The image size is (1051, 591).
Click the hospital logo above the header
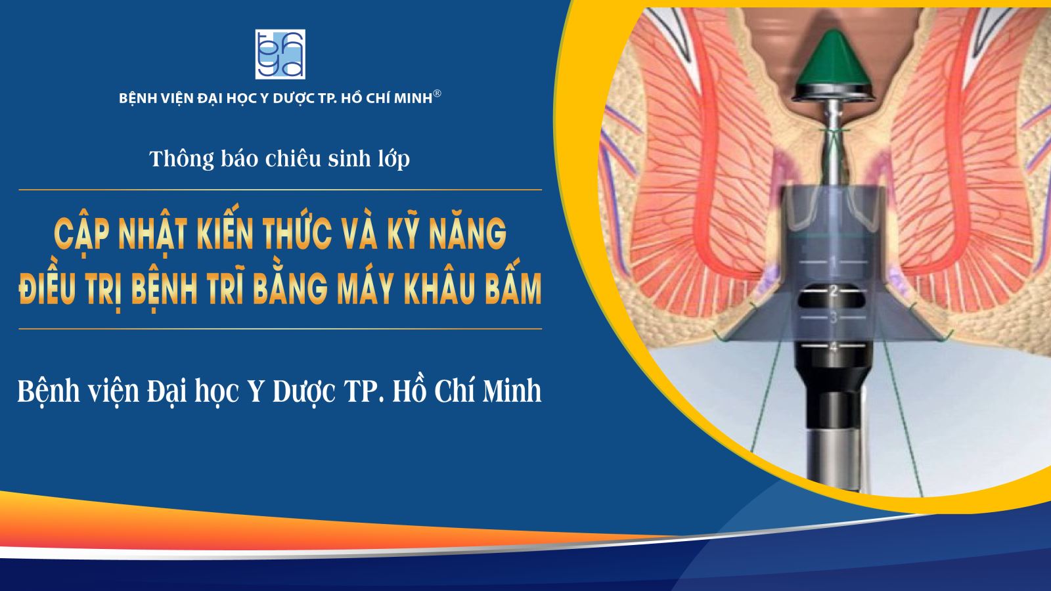280,54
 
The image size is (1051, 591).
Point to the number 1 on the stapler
834,261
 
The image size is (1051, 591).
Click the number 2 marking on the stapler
834,292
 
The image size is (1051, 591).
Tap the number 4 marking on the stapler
834,347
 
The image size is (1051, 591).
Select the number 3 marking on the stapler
834,318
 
